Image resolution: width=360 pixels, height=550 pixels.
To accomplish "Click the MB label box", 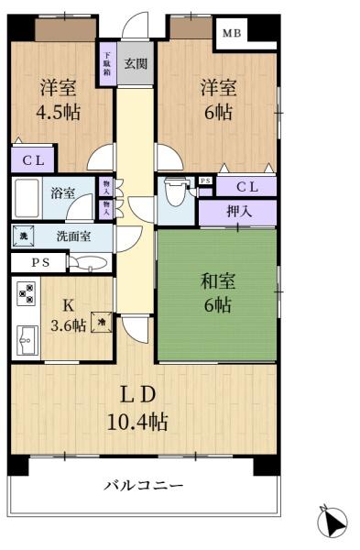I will [x=233, y=32].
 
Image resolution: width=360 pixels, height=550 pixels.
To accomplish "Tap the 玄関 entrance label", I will [x=136, y=63].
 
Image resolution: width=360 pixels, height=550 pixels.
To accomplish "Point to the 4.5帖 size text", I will [x=57, y=114].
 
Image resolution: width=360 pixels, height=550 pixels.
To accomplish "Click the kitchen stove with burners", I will [x=25, y=294].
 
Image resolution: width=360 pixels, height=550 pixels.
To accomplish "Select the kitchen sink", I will [x=25, y=342].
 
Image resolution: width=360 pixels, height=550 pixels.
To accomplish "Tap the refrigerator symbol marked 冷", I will [x=102, y=324].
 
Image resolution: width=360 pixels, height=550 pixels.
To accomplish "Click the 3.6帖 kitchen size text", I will [x=68, y=325].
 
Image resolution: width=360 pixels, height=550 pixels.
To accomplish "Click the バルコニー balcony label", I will [x=143, y=486].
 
